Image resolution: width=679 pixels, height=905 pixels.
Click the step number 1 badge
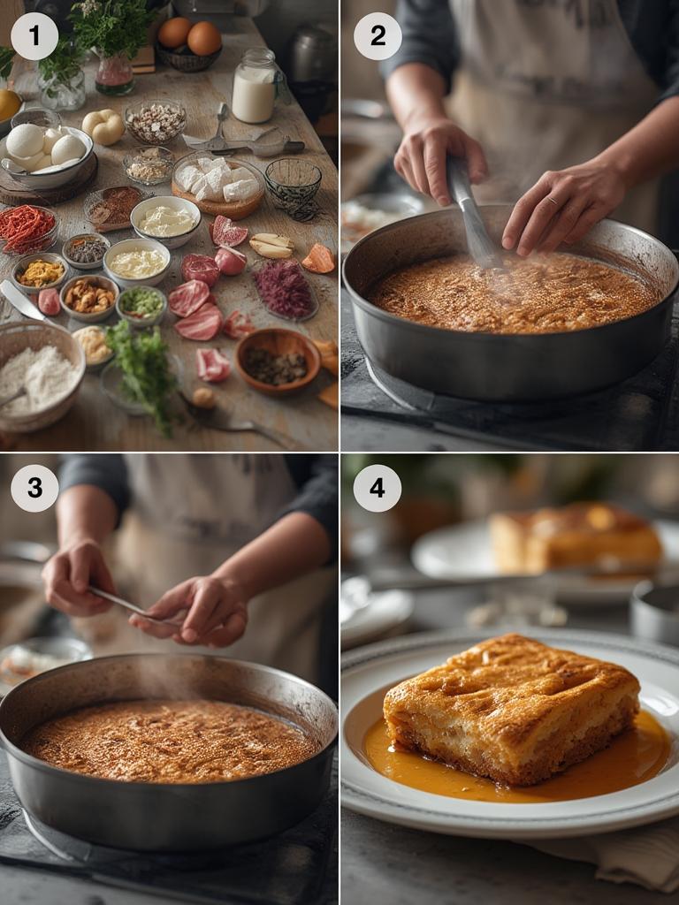pos(34,35)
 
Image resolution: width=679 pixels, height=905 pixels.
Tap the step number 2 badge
pos(378,35)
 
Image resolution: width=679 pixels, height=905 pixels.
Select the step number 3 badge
pos(34,488)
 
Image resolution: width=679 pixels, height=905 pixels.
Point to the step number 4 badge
pos(377,488)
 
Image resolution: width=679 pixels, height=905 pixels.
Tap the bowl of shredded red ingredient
pos(27,229)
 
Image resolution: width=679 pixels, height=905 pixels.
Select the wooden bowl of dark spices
pos(278,361)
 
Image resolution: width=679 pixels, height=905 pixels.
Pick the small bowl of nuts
pos(89,297)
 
